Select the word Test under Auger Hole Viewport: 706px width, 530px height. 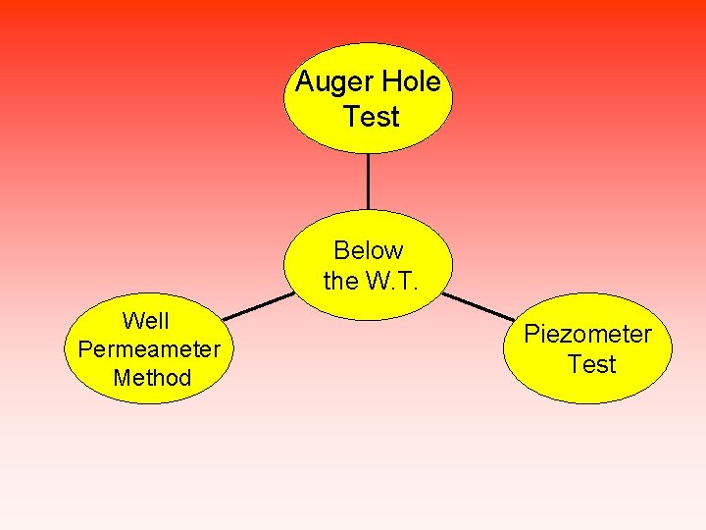pos(372,118)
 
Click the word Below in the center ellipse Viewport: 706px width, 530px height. pos(369,250)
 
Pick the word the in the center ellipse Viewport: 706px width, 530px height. pos(340,282)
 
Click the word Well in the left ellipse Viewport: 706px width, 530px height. pos(145,321)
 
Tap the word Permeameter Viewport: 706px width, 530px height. pos(149,349)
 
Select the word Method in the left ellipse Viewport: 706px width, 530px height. pos(152,378)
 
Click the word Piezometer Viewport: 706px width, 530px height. pos(587,335)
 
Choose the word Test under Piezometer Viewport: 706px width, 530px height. pos(591,365)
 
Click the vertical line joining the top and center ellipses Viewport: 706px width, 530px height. pos(368,181)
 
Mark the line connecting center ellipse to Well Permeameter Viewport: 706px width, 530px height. pos(258,306)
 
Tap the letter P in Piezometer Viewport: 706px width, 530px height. pos(530,334)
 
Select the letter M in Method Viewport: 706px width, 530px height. pos(122,378)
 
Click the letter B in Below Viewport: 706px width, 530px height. pos(341,250)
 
